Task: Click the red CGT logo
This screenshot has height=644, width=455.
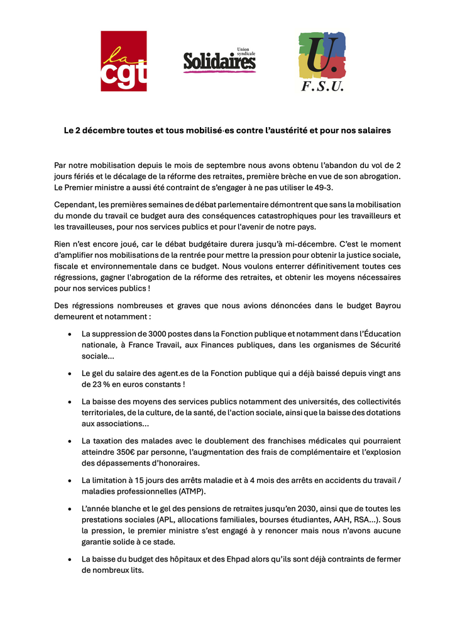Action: point(124,61)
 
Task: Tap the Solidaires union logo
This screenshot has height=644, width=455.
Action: point(219,60)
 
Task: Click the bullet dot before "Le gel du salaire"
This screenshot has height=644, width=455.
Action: point(69,373)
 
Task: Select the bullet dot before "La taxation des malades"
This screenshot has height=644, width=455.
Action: point(69,441)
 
